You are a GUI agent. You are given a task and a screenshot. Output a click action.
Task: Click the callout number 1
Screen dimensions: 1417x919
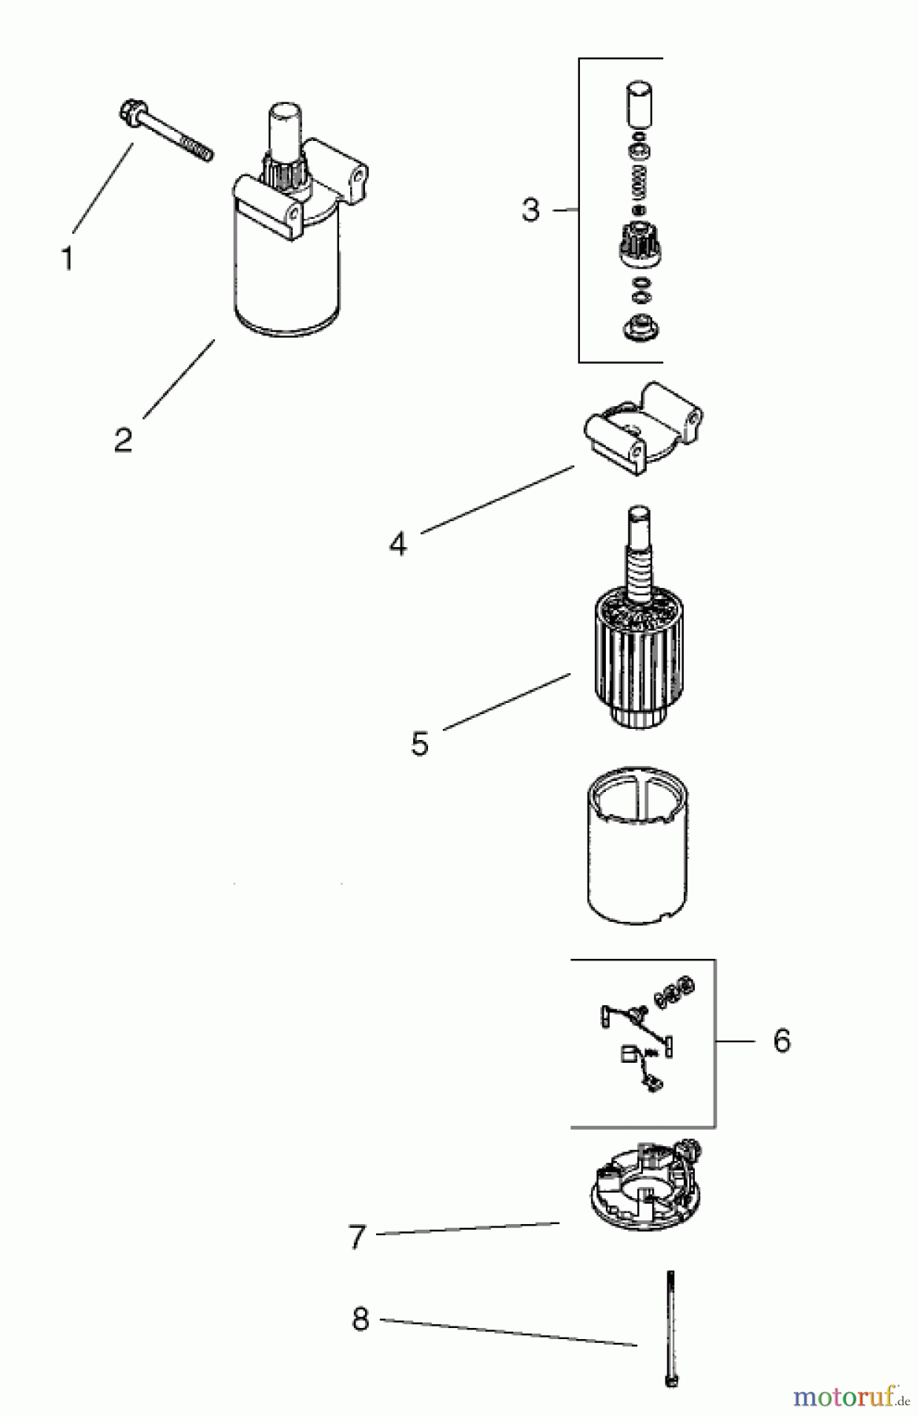pos(68,257)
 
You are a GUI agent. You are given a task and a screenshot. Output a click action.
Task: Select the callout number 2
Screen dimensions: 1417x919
pos(123,439)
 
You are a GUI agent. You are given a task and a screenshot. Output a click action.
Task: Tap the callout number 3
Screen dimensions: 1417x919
pos(531,210)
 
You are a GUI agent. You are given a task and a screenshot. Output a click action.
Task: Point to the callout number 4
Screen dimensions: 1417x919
pos(398,543)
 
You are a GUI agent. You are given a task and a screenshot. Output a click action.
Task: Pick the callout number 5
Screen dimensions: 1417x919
pos(420,742)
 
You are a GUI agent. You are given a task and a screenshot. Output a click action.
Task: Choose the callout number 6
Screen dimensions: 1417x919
pos(781,1041)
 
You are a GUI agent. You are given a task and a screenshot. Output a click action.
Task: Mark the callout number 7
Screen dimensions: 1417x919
pos(357,1238)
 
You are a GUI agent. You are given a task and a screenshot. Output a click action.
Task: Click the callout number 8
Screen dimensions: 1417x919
pos(360,1319)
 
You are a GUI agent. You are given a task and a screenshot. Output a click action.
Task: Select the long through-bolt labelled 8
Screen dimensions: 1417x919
pos(670,1330)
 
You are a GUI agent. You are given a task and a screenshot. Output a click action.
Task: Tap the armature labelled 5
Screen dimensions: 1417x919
pos(636,646)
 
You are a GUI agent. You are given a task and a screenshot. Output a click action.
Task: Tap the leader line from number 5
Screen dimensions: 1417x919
pos(507,701)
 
